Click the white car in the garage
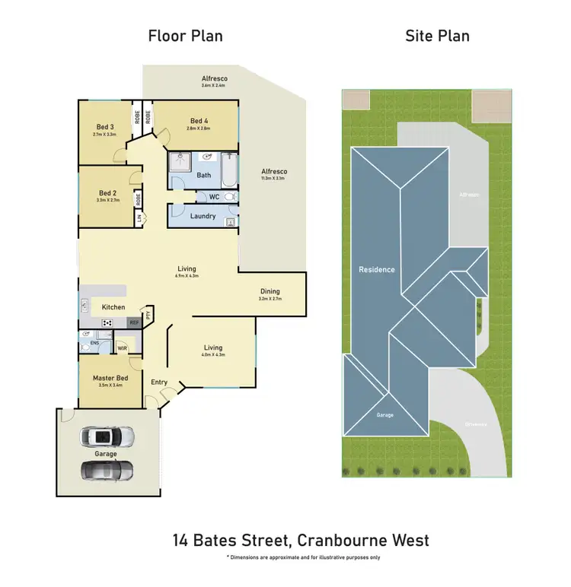pos(107,436)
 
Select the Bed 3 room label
pos(105,127)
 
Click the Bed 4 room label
pos(199,121)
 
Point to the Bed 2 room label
pos(107,193)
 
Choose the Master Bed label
pos(110,378)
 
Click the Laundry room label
pos(203,216)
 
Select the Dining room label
pos(270,291)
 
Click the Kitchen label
pos(113,307)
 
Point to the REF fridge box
pos(134,323)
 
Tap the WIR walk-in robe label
pos(122,349)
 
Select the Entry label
pos(159,382)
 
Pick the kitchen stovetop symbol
pos(107,322)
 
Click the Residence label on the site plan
pos(377,269)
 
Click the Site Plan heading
pos(437,36)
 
